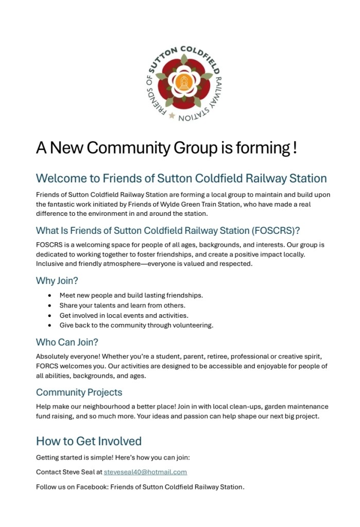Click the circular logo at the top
(180, 83)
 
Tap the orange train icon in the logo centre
(180, 82)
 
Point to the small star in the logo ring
(172, 115)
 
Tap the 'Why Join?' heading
(57, 281)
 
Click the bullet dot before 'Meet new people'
(49, 296)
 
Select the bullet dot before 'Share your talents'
(49, 305)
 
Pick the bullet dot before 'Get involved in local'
(49, 315)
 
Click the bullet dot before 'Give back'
(49, 326)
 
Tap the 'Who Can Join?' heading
(67, 342)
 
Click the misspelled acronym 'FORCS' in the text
(47, 366)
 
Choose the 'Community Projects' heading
(79, 393)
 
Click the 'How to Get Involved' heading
(89, 441)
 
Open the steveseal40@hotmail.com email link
(145, 472)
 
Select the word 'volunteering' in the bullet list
(194, 326)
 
